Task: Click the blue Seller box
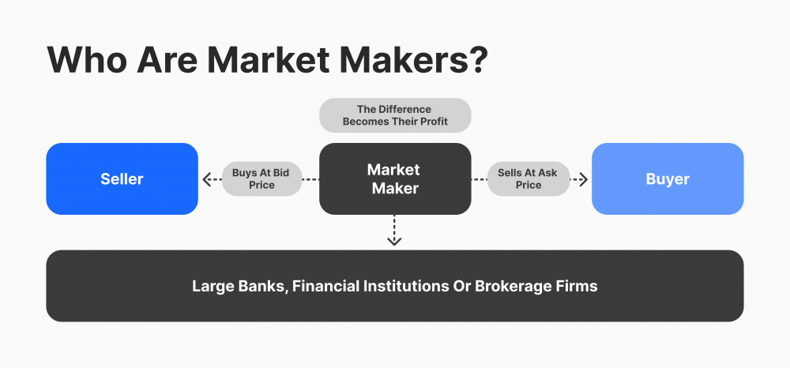pyautogui.click(x=122, y=178)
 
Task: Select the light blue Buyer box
pyautogui.click(x=668, y=178)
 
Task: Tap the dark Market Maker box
pyautogui.click(x=394, y=178)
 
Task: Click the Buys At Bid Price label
pyautogui.click(x=261, y=178)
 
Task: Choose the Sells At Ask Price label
pyautogui.click(x=529, y=178)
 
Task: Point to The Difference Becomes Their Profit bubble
pyautogui.click(x=394, y=115)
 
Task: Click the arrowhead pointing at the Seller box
pyautogui.click(x=207, y=179)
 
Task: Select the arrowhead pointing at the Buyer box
pyautogui.click(x=583, y=179)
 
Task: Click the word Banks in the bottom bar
pyautogui.click(x=261, y=286)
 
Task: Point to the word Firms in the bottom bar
pyautogui.click(x=577, y=286)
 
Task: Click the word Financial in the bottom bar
pyautogui.click(x=325, y=286)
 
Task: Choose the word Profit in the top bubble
pyautogui.click(x=431, y=122)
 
